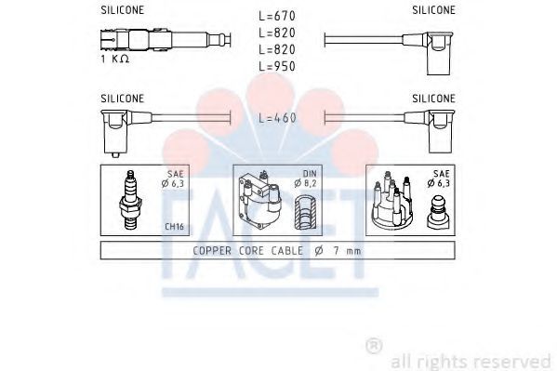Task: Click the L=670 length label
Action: [277, 16]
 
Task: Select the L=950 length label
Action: [277, 66]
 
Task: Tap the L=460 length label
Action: [277, 118]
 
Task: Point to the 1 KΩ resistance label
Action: [115, 59]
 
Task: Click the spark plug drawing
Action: [131, 200]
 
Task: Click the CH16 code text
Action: [174, 226]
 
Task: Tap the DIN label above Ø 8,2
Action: [309, 174]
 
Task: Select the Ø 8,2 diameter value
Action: [305, 183]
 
